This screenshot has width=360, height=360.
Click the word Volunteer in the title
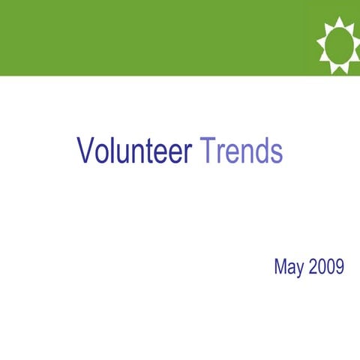click(135, 151)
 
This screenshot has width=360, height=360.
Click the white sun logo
click(338, 45)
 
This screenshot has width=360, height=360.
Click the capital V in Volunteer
click(85, 151)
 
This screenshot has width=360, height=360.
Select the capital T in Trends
click(206, 151)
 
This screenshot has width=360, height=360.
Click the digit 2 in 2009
click(313, 266)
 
